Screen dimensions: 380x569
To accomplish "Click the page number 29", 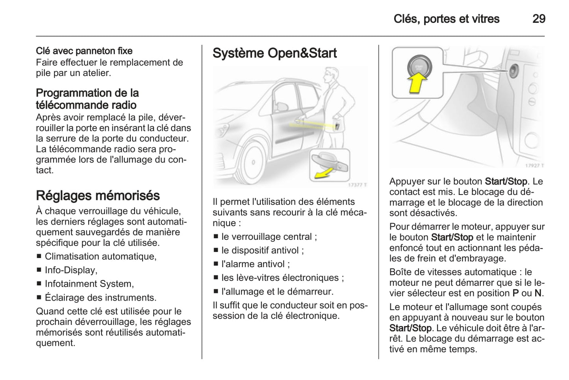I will tap(538, 19).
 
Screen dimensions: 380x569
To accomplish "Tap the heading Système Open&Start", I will tap(274, 53).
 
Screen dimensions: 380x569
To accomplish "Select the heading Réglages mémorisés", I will tap(98, 196).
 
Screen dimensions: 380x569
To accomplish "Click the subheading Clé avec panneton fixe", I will tap(84, 51).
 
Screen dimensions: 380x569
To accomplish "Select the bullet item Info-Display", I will tap(71, 270).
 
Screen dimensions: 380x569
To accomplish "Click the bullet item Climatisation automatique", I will tap(100, 256).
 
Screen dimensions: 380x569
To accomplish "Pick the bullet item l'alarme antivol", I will tap(255, 264).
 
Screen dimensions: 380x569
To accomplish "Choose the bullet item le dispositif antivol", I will tap(262, 250).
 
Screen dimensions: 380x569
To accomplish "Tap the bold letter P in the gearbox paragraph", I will tap(515, 293).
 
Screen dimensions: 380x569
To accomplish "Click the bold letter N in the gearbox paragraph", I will tap(538, 293).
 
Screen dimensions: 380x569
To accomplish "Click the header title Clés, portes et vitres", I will tap(446, 19).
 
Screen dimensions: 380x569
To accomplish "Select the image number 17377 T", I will tap(357, 185).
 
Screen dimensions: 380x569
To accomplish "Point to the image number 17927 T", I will tap(534, 166).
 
